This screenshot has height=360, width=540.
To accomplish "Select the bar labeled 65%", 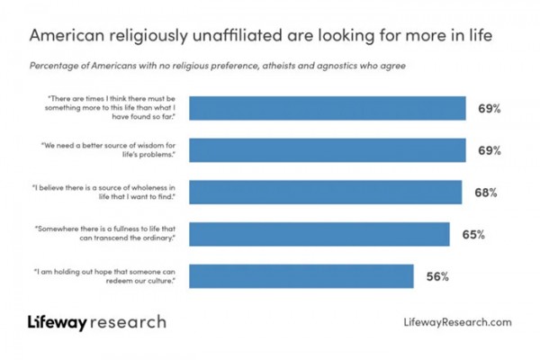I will [319, 234].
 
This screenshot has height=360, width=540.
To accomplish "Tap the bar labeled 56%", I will [301, 276].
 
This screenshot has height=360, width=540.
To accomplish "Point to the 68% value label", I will [487, 193].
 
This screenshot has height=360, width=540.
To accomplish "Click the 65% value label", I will [474, 235].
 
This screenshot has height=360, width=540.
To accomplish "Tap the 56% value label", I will [438, 276].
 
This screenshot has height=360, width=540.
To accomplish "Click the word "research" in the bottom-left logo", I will [130, 321].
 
